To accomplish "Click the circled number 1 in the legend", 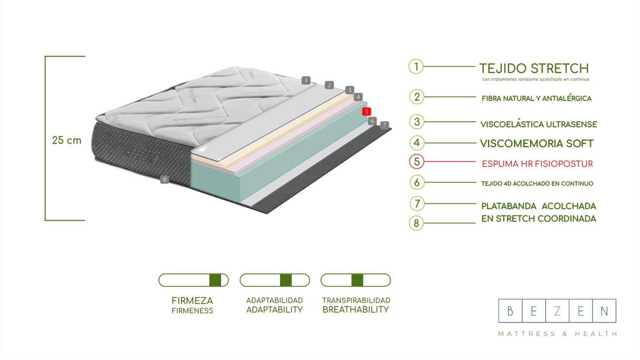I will coord(416,67).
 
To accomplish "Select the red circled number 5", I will coord(416,162).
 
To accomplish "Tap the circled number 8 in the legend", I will coord(416,223).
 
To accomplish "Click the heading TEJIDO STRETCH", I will coord(534,69).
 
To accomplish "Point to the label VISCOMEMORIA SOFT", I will coord(536,143).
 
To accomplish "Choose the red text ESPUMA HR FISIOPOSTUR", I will coord(537,164).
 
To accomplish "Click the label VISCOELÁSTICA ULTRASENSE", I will coord(539,124).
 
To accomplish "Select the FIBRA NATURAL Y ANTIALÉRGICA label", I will coord(536,98).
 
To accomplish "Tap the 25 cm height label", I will coord(66,141).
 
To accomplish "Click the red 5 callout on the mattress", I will coord(366,112).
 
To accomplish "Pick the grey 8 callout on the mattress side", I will coord(164,179).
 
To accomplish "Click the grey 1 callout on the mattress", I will coord(306,80).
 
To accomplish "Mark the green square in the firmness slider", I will coord(215,280).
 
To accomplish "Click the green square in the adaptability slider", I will coord(286,280).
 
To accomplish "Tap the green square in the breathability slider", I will coord(357,280).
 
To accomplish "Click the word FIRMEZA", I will coord(192,301).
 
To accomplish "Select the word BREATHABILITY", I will coord(355,310).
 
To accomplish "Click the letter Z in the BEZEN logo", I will coord(557,311).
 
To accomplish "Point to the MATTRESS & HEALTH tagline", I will coord(557,334).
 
